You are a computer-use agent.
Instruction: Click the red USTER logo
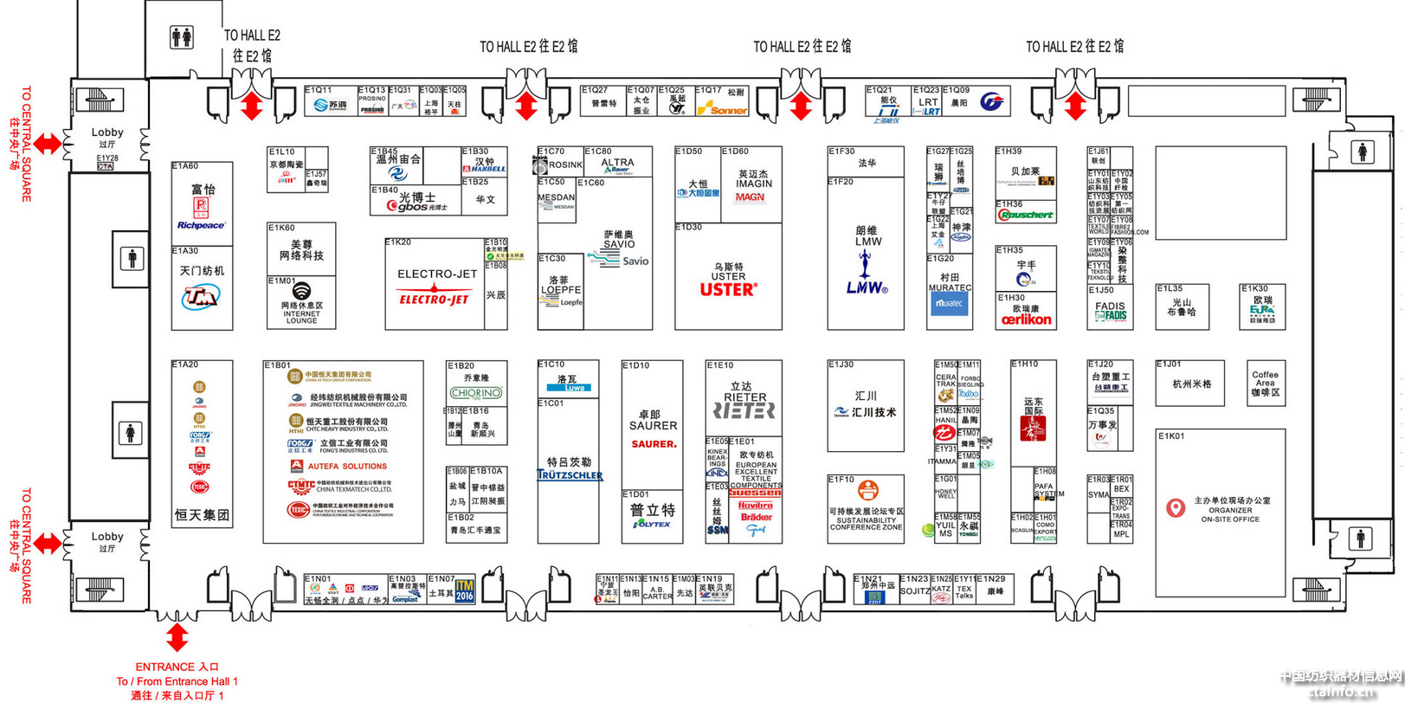tap(728, 290)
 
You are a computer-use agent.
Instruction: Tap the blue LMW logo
tap(867, 287)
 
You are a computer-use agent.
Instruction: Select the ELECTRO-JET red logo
tap(434, 300)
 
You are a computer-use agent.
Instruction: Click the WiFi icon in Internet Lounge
tap(301, 291)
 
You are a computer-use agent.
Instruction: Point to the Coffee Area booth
tap(1265, 384)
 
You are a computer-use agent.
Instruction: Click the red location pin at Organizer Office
tap(1175, 508)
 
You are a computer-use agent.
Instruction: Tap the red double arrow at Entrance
tap(177, 637)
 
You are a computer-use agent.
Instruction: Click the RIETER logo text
tap(744, 410)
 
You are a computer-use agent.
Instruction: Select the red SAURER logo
tap(654, 444)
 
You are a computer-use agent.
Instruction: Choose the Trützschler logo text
tap(570, 474)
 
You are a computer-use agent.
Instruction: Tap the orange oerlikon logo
tap(1026, 319)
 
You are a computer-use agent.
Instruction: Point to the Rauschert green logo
tap(1026, 215)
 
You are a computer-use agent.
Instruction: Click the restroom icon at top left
tap(182, 37)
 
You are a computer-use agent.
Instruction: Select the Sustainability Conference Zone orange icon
tap(867, 490)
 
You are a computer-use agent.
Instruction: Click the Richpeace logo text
tap(201, 225)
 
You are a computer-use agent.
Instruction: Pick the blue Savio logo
tap(635, 261)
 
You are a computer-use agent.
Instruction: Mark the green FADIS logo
tap(1110, 316)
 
